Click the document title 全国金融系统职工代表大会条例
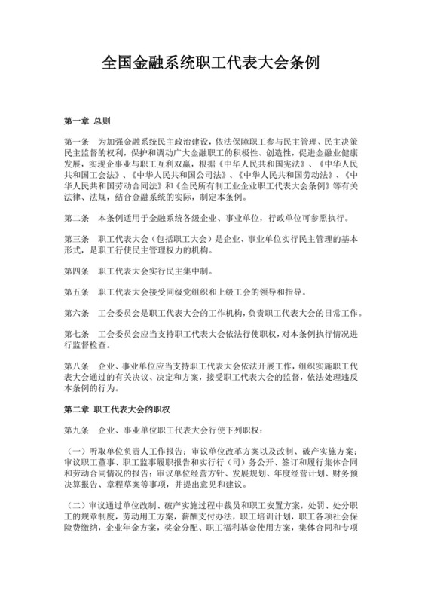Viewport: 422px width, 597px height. [210, 63]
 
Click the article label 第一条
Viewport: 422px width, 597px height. [77, 141]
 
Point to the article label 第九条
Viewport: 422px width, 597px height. [77, 430]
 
